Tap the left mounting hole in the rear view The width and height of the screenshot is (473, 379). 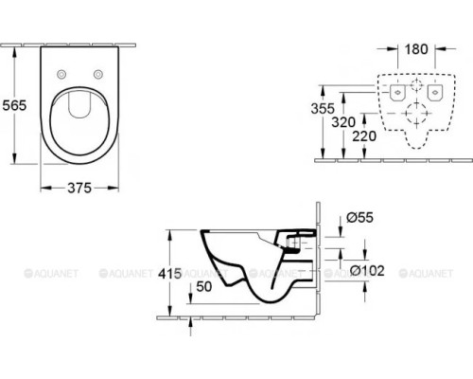(x=399, y=91)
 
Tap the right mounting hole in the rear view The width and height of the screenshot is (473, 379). (x=435, y=91)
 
